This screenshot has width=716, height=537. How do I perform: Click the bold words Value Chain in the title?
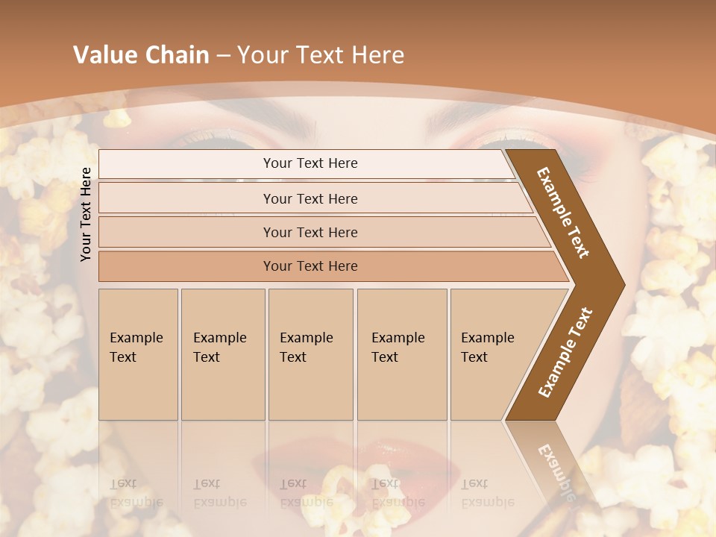coord(141,55)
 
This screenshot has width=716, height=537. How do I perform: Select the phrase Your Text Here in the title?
coord(321,55)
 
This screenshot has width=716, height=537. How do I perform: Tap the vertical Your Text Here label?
coord(87,214)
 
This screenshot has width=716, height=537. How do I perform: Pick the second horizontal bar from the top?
coord(310,198)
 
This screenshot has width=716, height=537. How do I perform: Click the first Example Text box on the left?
coord(138,354)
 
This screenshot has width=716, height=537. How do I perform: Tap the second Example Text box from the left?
coord(222,354)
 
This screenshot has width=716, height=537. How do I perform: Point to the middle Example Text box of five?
coord(310,354)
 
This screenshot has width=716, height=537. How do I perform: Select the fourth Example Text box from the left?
coord(401,354)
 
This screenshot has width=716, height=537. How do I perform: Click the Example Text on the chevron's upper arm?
coord(564,213)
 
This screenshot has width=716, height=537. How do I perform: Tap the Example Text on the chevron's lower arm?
coord(565,353)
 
